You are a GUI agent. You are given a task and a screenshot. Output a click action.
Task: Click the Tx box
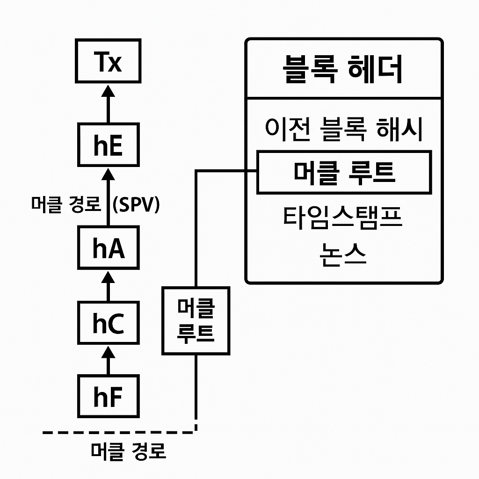pyautogui.click(x=109, y=62)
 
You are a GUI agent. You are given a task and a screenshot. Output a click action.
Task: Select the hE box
pyautogui.click(x=109, y=145)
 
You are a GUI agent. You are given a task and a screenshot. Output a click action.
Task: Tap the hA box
pyautogui.click(x=109, y=248)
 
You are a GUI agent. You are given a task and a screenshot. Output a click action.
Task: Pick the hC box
pyautogui.click(x=109, y=323)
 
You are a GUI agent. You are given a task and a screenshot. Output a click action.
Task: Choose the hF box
pyautogui.click(x=109, y=396)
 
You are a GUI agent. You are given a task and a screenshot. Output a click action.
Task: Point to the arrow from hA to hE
pyautogui.click(x=109, y=196)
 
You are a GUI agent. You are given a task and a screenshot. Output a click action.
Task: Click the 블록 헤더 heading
pyautogui.click(x=343, y=70)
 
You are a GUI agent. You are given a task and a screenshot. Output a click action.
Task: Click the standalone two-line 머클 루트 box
pyautogui.click(x=196, y=320)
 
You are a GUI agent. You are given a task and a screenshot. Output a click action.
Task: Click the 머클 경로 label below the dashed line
pyautogui.click(x=128, y=452)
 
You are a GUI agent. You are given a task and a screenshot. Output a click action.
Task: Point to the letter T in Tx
pyautogui.click(x=102, y=62)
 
